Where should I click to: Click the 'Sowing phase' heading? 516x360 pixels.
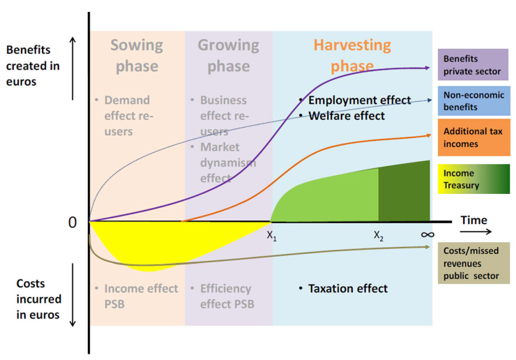137,56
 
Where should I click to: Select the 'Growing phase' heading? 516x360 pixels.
229,56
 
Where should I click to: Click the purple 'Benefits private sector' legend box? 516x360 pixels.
473,65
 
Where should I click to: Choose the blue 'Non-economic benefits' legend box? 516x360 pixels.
473,102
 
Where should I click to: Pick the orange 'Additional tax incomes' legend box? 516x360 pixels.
473,137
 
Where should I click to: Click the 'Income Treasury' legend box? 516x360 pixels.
473,179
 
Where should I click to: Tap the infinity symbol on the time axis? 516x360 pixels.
427,235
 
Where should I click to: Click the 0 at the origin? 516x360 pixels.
72,222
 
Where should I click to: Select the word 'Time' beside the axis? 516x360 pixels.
474,220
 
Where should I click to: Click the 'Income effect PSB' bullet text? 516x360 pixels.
135,296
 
